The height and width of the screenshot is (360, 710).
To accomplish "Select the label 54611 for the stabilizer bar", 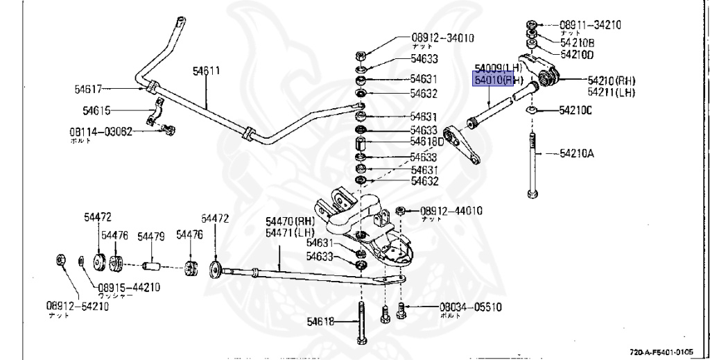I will [x=206, y=71].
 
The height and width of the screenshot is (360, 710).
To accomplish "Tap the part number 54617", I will [x=88, y=89].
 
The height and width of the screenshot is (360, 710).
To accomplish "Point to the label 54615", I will [x=96, y=110].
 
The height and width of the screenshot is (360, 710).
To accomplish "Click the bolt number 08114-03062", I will [x=100, y=130].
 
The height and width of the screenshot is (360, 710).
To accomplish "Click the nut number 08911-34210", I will [x=590, y=25].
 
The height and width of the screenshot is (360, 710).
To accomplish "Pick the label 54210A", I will [x=577, y=154].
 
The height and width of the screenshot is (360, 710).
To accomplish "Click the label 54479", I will [x=150, y=237].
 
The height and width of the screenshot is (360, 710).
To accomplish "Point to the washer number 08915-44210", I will [x=128, y=286].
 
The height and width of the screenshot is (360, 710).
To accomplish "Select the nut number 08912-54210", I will [x=78, y=305].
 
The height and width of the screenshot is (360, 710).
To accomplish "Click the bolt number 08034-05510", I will [x=470, y=307].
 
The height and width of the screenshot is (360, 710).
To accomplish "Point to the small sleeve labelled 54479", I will [x=152, y=266].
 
